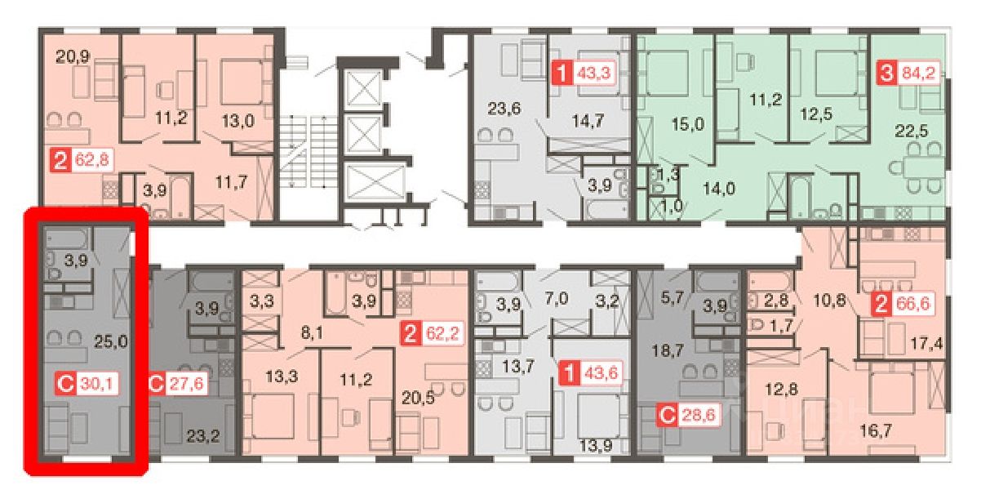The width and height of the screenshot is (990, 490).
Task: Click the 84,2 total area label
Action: pos(918,73)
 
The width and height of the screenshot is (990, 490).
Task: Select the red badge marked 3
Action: pos(886,73)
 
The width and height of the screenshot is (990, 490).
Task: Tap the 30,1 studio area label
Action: pos(98,384)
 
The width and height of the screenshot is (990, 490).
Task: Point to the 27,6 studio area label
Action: pos(188,384)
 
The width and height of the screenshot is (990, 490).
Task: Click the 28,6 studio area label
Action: pos(699,415)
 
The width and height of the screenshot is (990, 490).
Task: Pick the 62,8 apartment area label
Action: pos(92,160)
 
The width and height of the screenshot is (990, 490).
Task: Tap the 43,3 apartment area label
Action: pos(593,73)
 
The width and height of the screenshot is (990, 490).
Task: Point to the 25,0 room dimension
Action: pos(111,341)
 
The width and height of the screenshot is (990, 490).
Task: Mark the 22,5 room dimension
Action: pos(912,131)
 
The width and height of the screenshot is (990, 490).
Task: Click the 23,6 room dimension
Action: pos(504,108)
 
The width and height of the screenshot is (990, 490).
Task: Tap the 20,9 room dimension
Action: pos(73,56)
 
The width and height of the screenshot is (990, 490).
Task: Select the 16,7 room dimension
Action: pos(876,430)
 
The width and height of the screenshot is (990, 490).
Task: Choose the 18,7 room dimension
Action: pos(668,350)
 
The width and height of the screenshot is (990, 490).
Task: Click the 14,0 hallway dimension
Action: pos(719,189)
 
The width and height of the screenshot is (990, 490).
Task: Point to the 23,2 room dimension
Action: pos(203,436)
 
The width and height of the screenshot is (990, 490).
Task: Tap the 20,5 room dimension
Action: pos(418,398)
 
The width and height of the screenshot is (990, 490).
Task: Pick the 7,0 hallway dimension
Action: pos(556,299)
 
